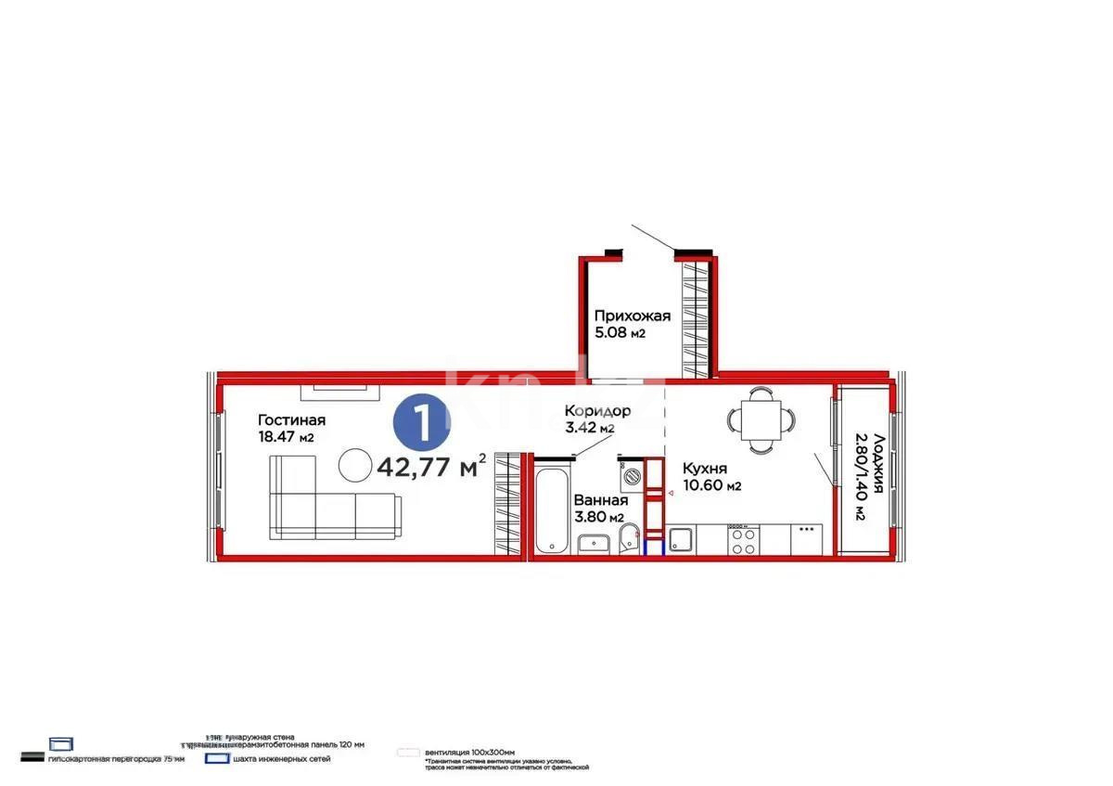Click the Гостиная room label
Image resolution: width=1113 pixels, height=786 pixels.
point(291,419)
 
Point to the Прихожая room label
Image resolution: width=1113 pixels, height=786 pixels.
point(633,316)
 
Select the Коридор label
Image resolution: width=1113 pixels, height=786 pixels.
point(598,411)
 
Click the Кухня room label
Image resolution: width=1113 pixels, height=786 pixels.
point(706,469)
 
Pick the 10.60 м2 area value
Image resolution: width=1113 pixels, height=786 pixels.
point(711,485)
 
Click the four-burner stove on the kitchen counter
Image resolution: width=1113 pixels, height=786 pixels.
point(744,540)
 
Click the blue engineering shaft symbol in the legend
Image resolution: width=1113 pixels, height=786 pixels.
point(216,758)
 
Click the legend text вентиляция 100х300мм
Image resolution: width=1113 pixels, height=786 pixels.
point(469,752)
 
